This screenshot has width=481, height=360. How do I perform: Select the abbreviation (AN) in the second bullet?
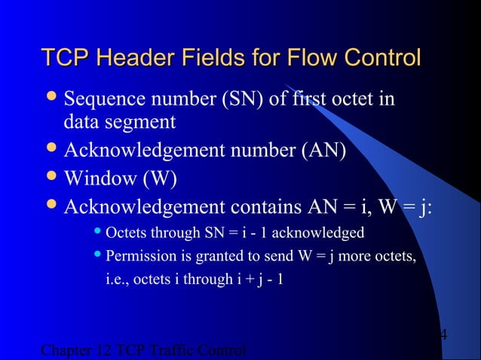[x=323, y=149]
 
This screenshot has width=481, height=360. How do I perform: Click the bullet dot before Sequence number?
[x=51, y=99]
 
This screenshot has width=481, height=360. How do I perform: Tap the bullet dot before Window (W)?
[x=51, y=177]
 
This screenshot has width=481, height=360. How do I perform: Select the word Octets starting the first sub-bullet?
[x=125, y=232]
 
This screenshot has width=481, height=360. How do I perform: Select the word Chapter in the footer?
[x=66, y=351]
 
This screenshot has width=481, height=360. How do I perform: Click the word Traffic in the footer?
[x=173, y=351]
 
